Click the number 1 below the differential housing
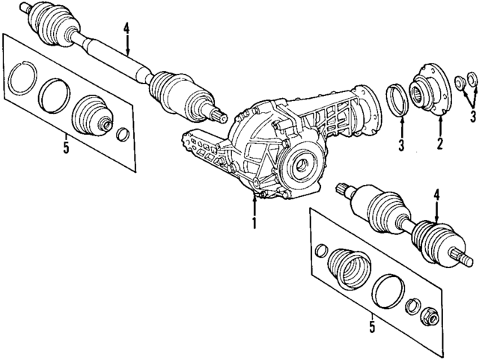click(x=254, y=222)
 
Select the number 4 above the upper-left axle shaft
click(x=127, y=30)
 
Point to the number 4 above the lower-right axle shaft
click(x=436, y=197)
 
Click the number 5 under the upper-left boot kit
click(x=66, y=147)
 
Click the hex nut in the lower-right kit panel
click(x=432, y=316)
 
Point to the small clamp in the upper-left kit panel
click(x=123, y=135)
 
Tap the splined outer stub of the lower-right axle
click(x=462, y=260)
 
